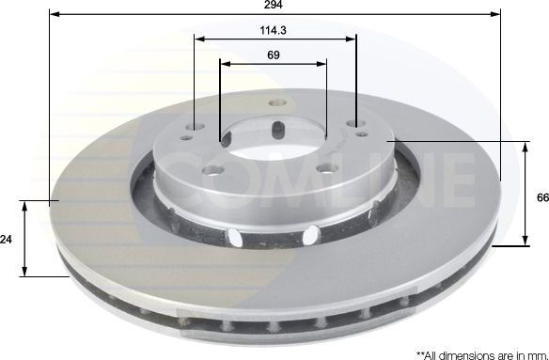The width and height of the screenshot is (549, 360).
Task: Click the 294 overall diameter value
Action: click(274, 6)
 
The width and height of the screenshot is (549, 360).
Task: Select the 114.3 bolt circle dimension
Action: click(274, 30)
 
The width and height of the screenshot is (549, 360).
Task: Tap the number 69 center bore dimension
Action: click(274, 55)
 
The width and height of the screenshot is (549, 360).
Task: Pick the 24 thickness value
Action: click(7, 240)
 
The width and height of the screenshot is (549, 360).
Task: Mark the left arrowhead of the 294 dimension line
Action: click(54, 16)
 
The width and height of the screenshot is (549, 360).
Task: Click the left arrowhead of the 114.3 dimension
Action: click(200, 39)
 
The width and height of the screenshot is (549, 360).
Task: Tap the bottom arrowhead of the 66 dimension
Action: click(524, 241)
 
